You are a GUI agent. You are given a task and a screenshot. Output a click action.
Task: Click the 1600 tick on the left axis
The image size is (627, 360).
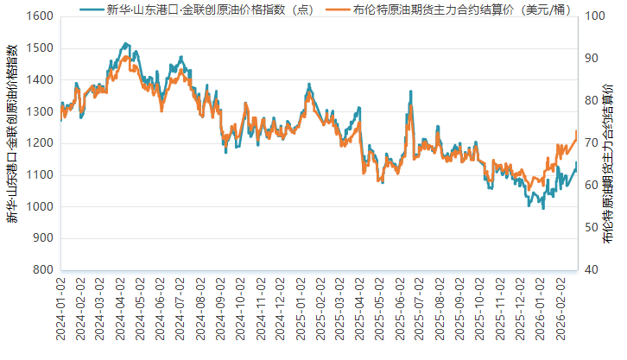pos(39,16)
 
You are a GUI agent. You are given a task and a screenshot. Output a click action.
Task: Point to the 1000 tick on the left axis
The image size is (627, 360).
pos(39,206)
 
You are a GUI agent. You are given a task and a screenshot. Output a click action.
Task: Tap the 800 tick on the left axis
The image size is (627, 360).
pos(41,269)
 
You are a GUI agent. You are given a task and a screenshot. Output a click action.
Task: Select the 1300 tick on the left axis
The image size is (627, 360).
pos(39,111)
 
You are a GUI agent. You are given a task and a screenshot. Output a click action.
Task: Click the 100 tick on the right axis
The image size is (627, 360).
pos(594,16)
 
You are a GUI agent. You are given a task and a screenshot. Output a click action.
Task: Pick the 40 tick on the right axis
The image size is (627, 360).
pos(592,269)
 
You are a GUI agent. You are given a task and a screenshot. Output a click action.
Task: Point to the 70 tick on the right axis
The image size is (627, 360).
pos(592,143)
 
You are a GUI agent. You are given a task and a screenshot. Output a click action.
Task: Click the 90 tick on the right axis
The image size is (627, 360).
pos(592,59)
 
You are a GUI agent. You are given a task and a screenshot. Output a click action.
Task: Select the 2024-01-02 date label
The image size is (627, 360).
pos(60,308)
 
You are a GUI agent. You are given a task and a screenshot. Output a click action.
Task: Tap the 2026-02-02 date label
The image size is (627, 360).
pos(560,308)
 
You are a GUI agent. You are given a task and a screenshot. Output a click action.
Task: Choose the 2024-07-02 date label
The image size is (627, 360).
pos(180,308)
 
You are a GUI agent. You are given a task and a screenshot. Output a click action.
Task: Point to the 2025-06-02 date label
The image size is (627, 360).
pos(400,308)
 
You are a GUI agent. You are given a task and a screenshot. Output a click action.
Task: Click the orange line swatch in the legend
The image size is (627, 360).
pos(339,9)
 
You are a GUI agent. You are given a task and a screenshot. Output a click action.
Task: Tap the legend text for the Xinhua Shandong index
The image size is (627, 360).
pos(207,9)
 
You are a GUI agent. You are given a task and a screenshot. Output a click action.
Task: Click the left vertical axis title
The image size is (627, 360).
pos(12,143)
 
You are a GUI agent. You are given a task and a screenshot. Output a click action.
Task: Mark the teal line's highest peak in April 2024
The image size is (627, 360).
pos(126,42)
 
